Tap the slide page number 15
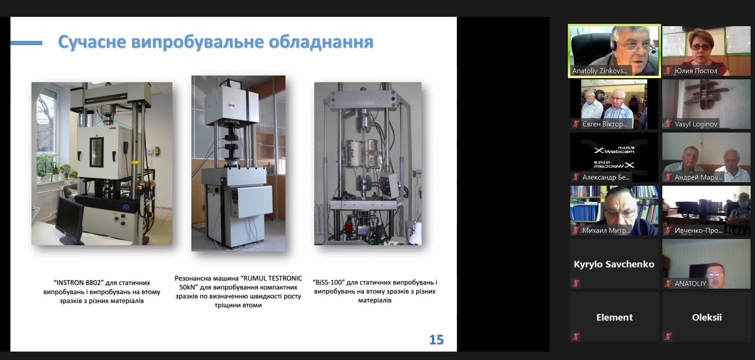click(x=436, y=340)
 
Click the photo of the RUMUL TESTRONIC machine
click(x=239, y=163)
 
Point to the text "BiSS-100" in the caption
click(x=329, y=282)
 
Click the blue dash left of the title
click(x=26, y=43)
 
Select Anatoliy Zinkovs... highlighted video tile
click(x=614, y=51)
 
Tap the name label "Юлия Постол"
click(x=696, y=71)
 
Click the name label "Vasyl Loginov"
click(x=696, y=124)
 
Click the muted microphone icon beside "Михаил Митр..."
click(x=576, y=230)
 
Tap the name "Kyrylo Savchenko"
click(x=614, y=264)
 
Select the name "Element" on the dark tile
click(x=614, y=317)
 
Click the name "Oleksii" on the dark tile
click(x=707, y=317)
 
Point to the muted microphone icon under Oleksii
click(x=668, y=337)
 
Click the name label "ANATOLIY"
click(x=690, y=284)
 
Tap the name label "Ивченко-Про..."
click(x=698, y=231)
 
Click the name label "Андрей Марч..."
click(x=698, y=177)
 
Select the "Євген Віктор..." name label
click(x=604, y=124)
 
